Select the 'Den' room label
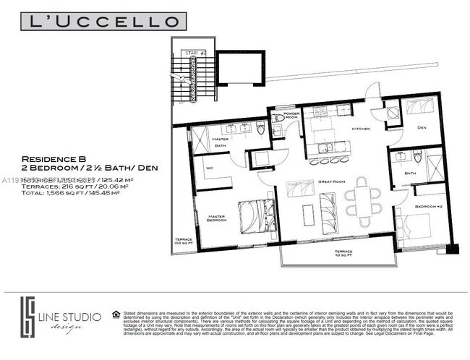[x=421, y=128]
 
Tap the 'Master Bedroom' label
[x=217, y=218]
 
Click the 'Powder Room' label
[x=291, y=115]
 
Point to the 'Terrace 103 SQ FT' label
[x=184, y=241]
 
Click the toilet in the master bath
[x=262, y=129]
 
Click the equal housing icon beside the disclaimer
[x=116, y=314]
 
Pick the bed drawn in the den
[x=419, y=108]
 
